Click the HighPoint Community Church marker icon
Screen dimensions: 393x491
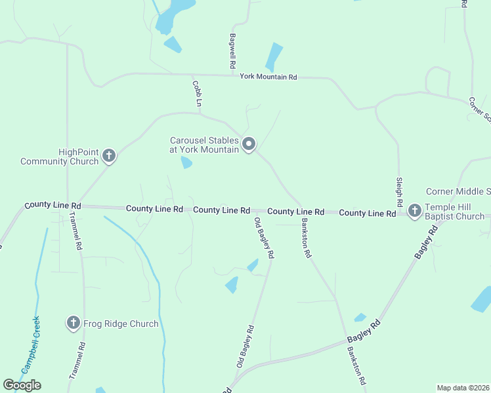pyautogui.click(x=109, y=156)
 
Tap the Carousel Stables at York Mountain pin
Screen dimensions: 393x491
pyautogui.click(x=249, y=144)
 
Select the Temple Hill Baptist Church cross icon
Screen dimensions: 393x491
pyautogui.click(x=414, y=210)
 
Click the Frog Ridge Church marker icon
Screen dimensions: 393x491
pyautogui.click(x=73, y=323)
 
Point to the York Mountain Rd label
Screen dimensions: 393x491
pyautogui.click(x=268, y=77)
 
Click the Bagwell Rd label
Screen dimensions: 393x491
pyautogui.click(x=232, y=52)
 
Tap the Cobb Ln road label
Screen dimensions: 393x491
pyautogui.click(x=197, y=94)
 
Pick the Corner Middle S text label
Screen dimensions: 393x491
pyautogui.click(x=458, y=191)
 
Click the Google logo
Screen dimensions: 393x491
pyautogui.click(x=22, y=385)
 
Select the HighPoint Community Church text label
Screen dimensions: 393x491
pyautogui.click(x=60, y=157)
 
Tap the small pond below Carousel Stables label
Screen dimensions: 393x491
pyautogui.click(x=186, y=162)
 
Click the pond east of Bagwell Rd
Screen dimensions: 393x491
pyautogui.click(x=274, y=57)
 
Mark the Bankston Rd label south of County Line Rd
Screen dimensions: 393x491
pyautogui.click(x=305, y=237)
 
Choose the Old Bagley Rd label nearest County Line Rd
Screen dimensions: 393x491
pyautogui.click(x=265, y=237)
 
